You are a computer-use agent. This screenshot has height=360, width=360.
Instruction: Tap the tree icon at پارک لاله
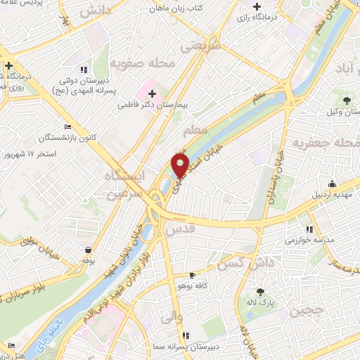point(262,292)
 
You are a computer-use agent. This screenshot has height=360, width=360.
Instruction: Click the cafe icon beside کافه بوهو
point(193,275)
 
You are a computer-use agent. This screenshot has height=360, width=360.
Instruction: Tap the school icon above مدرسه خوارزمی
point(309,229)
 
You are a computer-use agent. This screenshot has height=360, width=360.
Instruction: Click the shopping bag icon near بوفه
point(86,249)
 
